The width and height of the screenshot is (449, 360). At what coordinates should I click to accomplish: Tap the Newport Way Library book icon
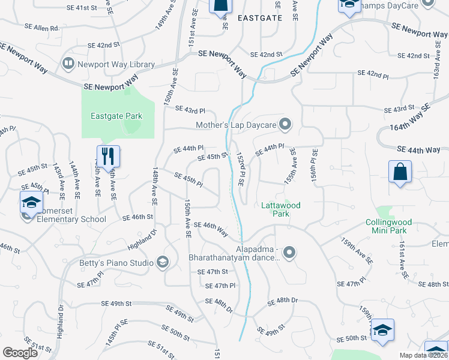(68, 64)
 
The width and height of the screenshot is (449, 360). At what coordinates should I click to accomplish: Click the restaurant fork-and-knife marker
(108, 157)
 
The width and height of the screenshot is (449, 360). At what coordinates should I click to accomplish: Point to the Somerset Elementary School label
(66, 219)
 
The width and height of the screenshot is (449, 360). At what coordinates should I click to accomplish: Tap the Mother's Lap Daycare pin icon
(285, 125)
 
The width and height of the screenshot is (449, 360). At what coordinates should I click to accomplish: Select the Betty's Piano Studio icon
(161, 262)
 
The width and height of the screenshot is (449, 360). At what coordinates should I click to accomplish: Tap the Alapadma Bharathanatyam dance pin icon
(290, 252)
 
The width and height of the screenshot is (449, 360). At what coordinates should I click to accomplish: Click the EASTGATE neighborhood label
(259, 18)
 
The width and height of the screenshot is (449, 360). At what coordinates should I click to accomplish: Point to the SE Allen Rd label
(42, 28)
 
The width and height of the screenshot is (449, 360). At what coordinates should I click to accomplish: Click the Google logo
(20, 352)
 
